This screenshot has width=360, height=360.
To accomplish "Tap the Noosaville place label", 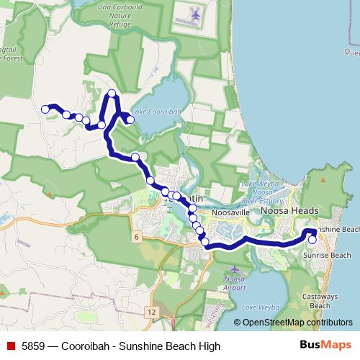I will pos(228,214).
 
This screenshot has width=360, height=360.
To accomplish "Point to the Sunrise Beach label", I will pos(326,256).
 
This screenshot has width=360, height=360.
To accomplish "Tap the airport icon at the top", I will pos(194,14).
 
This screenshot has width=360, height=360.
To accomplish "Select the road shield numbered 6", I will pos(135,236).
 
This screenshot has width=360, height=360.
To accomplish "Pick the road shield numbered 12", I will pos(150,312).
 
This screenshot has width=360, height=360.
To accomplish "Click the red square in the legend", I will pos(11,346).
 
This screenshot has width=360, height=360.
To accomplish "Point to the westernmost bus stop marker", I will pos(45,109).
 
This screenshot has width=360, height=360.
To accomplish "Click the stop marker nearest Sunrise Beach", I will pos(312,240).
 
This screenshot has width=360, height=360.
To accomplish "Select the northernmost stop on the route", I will pos(112,93).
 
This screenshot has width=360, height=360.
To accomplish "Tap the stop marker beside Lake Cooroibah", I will pos(130,120).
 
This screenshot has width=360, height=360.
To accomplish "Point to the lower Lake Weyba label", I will pos(259,307).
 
